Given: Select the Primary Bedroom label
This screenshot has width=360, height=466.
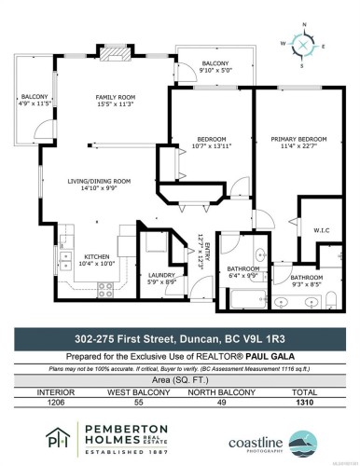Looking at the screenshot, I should (297, 140).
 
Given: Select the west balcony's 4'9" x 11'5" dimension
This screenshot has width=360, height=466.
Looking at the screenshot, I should (35, 104).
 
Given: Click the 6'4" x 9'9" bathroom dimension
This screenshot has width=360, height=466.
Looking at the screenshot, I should (244, 276).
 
